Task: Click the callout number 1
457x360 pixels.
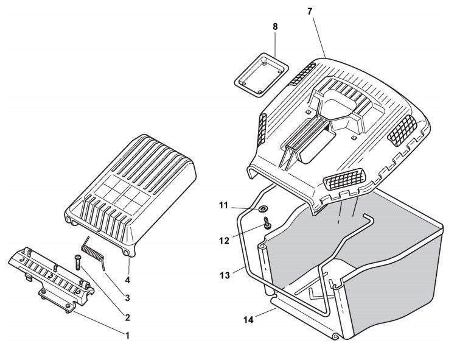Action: tap(127, 334)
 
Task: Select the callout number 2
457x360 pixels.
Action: tap(127, 317)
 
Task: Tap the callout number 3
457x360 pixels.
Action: tap(127, 298)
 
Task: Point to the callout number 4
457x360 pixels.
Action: tap(127, 281)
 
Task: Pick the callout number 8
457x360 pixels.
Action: tap(275, 28)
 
